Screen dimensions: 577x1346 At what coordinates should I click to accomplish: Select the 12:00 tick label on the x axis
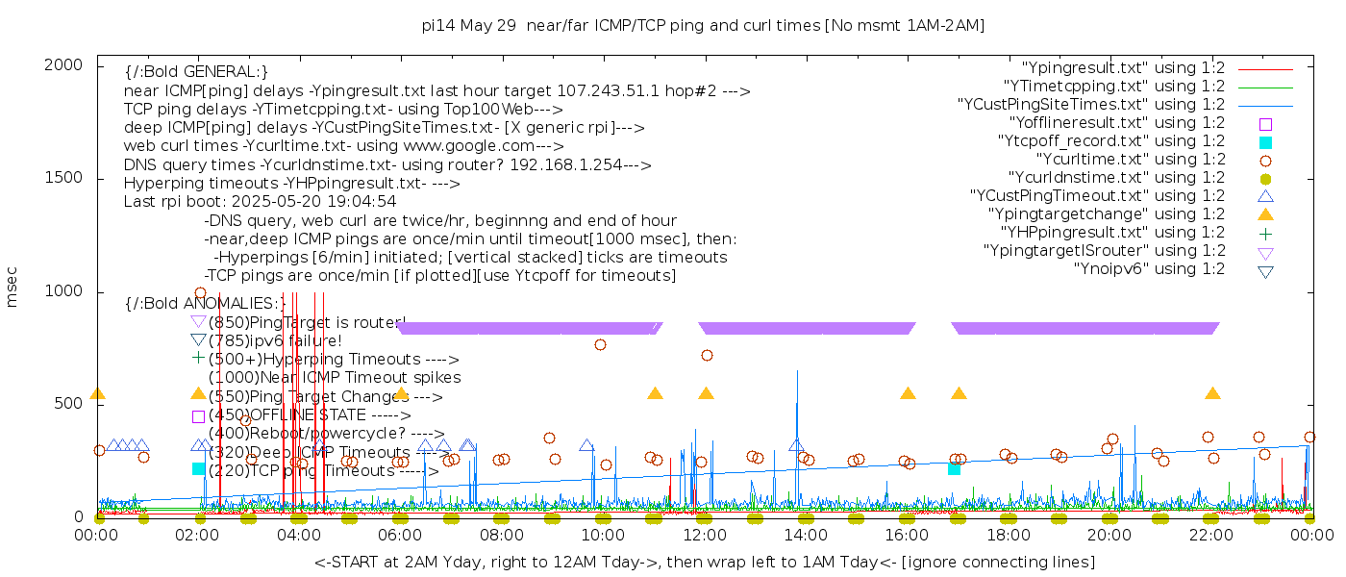pyautogui.click(x=705, y=536)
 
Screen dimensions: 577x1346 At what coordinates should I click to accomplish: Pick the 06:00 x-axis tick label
pyautogui.click(x=401, y=536)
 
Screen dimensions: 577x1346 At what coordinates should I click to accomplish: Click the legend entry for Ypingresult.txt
pyautogui.click(x=1123, y=68)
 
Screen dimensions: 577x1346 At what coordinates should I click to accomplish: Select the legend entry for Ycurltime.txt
pyautogui.click(x=1130, y=160)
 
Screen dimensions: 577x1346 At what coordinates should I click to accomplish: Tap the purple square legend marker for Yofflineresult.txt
pyautogui.click(x=1265, y=124)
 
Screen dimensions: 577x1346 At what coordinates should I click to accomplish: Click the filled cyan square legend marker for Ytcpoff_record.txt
pyautogui.click(x=1265, y=142)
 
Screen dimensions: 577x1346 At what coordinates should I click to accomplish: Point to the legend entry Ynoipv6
pyautogui.click(x=1149, y=269)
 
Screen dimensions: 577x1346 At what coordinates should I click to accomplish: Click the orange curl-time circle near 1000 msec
pyautogui.click(x=200, y=293)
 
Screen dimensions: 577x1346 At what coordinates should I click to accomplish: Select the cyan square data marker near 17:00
pyautogui.click(x=954, y=468)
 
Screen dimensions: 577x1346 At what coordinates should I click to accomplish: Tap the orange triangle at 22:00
pyautogui.click(x=1212, y=394)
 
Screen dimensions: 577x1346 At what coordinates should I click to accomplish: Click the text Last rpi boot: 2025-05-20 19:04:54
pyautogui.click(x=260, y=202)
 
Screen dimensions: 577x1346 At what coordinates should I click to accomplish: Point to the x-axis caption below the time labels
pyautogui.click(x=704, y=562)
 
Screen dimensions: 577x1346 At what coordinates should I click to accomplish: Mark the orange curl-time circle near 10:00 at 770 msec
pyautogui.click(x=601, y=344)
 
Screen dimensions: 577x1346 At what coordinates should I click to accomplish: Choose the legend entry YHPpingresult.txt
pyautogui.click(x=1112, y=233)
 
